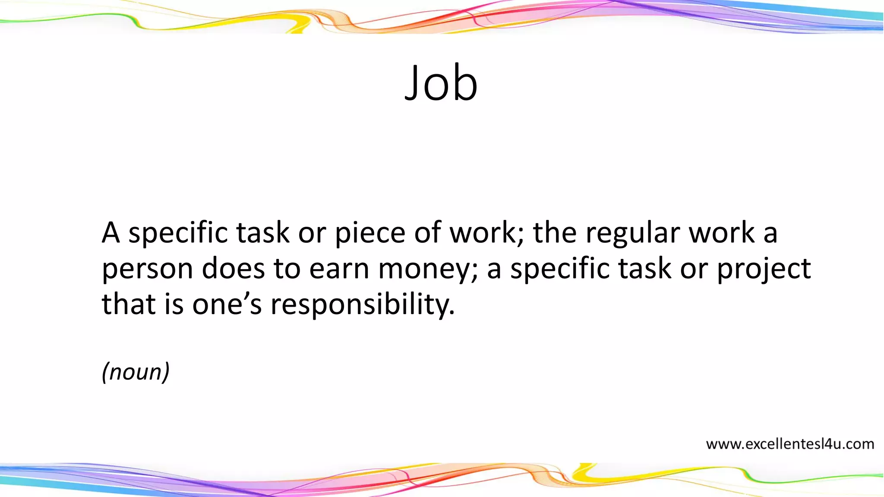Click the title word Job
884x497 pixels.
point(441,83)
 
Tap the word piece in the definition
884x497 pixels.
point(370,233)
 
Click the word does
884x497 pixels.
point(233,268)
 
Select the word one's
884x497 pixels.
point(227,305)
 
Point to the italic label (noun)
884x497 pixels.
point(136,371)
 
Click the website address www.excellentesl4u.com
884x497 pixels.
point(790,444)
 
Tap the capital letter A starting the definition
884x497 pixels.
point(110,233)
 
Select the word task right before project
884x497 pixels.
point(645,268)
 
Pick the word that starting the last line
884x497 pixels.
point(128,304)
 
